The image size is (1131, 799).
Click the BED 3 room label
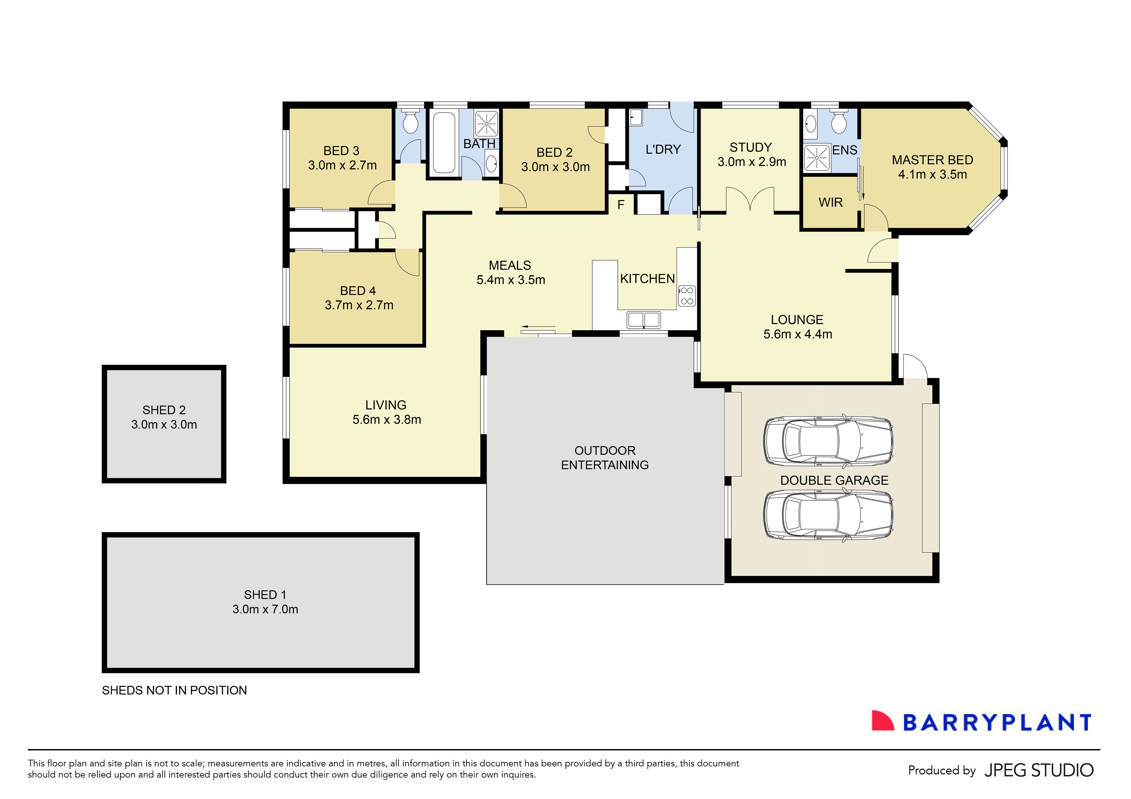pos(341,151)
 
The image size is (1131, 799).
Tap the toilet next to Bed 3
pos(410,121)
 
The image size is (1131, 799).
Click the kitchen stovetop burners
pos(687,296)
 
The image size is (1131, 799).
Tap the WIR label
pos(831,203)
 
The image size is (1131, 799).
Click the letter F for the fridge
pos(621,205)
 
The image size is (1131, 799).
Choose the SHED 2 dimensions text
pos(164,424)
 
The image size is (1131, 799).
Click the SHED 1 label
pos(265,595)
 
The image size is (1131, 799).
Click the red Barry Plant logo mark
pos(882,721)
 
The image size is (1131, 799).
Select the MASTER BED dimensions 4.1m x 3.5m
pos(932,175)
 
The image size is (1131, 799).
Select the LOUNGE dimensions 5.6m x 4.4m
pos(798,334)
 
